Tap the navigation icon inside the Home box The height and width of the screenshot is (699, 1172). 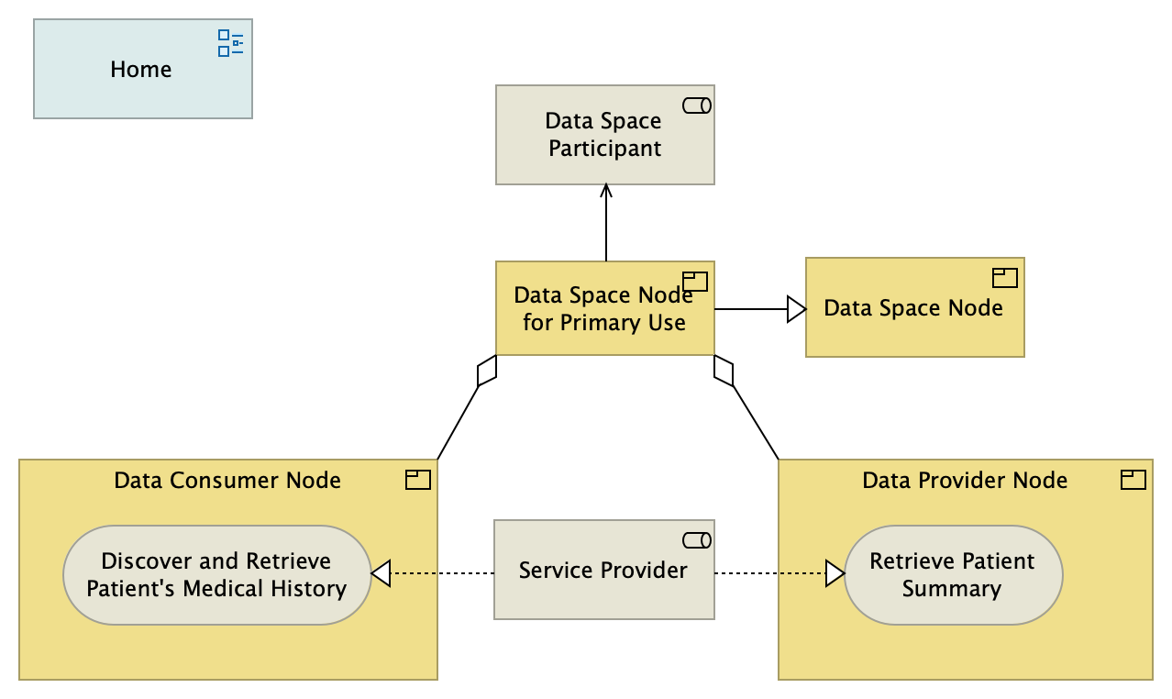[230, 43]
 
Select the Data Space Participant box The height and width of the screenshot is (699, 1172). [604, 135]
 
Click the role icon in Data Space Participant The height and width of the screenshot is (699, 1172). [697, 105]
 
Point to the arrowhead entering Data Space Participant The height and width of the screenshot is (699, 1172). [605, 190]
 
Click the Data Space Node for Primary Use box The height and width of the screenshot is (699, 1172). [604, 309]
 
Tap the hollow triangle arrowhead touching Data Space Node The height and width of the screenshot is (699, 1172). [796, 309]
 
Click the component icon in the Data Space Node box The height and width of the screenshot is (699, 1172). [1005, 277]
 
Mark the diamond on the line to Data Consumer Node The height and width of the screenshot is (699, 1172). [487, 371]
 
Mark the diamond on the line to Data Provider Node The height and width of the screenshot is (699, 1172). [724, 371]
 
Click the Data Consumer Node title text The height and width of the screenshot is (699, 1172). [227, 480]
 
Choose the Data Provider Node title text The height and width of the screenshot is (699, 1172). [965, 480]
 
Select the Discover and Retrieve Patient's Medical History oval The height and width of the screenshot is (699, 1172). [216, 575]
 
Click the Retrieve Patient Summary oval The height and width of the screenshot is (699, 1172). [952, 575]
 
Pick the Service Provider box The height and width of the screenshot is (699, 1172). [603, 571]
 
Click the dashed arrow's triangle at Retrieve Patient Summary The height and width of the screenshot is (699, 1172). [834, 574]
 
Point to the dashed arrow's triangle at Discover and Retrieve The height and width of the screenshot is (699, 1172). [381, 574]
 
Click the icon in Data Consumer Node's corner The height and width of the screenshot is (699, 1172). [418, 479]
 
